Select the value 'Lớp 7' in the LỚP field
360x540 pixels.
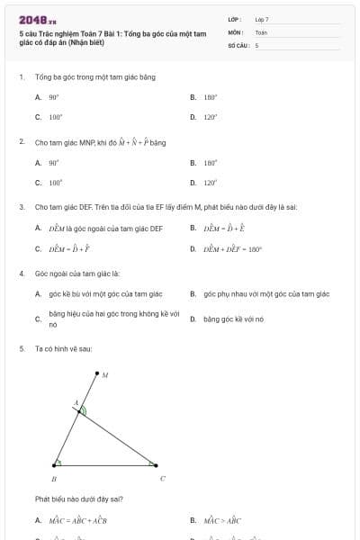coord(261,19)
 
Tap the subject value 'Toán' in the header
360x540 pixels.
coord(261,31)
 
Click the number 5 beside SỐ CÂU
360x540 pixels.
coord(257,45)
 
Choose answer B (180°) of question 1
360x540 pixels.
coord(211,96)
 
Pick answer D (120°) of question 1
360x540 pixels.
coord(211,117)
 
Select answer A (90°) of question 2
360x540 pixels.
coord(54,163)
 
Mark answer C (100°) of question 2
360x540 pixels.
coord(55,183)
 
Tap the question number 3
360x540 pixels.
coord(21,207)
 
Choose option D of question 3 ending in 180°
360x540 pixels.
coord(231,249)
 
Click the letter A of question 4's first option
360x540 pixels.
coord(38,294)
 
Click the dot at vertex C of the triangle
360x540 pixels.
coord(157,465)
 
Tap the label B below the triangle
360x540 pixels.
coord(54,480)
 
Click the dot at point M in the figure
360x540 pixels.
coord(95,372)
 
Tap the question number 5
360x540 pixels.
coord(21,348)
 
